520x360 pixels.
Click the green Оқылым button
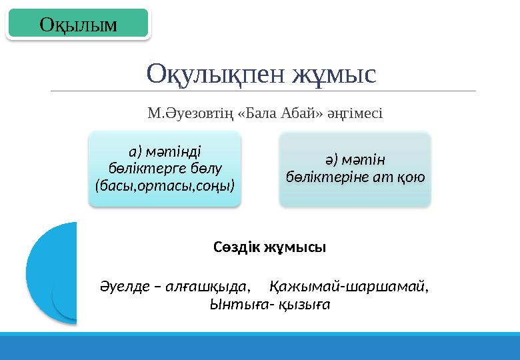point(77,24)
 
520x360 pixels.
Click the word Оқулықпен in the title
point(216,73)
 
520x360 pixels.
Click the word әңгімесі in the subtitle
point(355,113)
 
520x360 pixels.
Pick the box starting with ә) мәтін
point(355,168)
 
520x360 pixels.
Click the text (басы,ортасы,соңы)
point(165,183)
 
